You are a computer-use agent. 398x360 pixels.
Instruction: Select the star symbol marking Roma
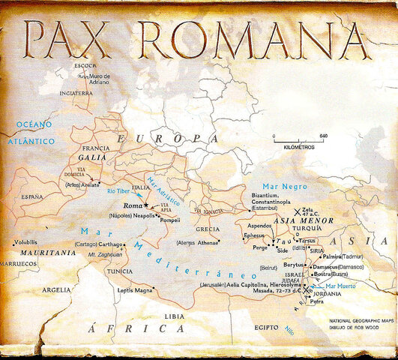coord(147,204)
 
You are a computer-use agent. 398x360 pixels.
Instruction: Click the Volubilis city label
coord(25,242)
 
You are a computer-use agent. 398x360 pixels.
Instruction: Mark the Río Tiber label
coord(120,192)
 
